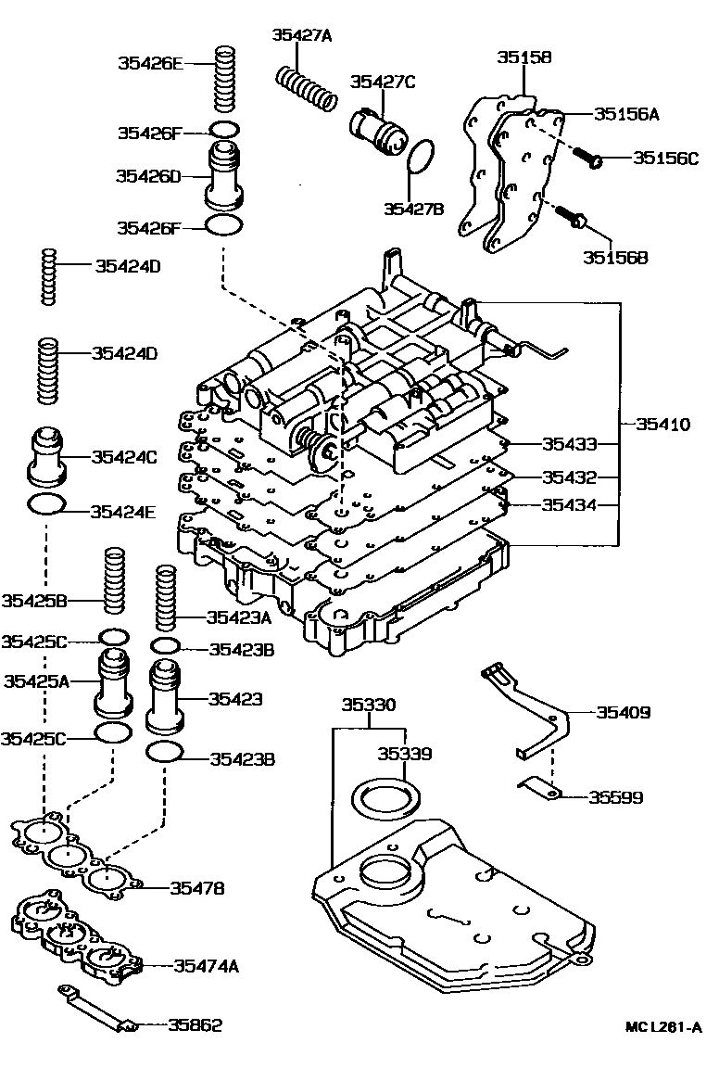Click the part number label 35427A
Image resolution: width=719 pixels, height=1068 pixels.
[x=301, y=35]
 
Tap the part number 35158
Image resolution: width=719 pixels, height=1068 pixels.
[x=523, y=57]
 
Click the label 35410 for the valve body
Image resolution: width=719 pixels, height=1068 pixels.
[x=662, y=425]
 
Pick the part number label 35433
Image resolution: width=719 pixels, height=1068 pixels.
[x=569, y=444]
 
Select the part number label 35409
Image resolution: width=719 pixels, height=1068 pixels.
[x=623, y=713]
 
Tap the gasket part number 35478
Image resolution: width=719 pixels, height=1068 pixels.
[x=196, y=888]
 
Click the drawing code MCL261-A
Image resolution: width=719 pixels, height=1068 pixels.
[x=662, y=1027]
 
